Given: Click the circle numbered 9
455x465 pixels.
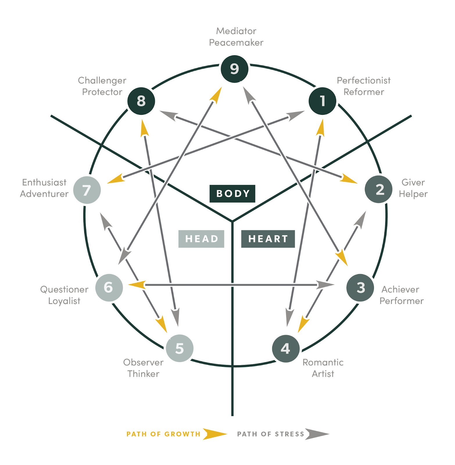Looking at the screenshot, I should click(x=234, y=69).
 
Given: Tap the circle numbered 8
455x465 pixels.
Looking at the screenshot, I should click(x=141, y=101).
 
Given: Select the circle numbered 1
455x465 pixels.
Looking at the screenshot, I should click(x=322, y=101).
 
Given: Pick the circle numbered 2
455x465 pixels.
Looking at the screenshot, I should click(x=379, y=189).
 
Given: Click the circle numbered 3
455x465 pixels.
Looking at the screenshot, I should click(x=360, y=287).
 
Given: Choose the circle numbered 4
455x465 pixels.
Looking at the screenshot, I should click(x=286, y=348).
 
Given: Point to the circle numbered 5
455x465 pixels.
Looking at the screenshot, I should click(x=180, y=348).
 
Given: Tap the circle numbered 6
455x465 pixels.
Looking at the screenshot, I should click(x=109, y=287).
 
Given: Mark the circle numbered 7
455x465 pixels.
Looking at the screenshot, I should click(x=87, y=190).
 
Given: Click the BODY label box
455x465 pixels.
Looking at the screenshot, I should click(x=232, y=194).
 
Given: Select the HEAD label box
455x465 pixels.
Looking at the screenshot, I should click(x=201, y=239).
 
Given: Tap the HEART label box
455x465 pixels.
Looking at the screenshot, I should click(x=268, y=239).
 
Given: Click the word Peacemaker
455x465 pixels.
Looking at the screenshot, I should click(x=236, y=43).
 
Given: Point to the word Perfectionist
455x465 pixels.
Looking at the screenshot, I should click(x=363, y=81).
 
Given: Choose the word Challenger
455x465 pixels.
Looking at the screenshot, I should click(x=102, y=81).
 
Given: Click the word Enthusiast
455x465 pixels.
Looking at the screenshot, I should click(x=44, y=183).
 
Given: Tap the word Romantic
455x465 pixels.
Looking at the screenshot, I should click(x=323, y=362).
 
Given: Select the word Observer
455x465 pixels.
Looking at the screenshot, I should click(x=143, y=362).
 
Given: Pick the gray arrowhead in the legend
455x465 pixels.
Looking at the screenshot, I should click(x=316, y=434).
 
